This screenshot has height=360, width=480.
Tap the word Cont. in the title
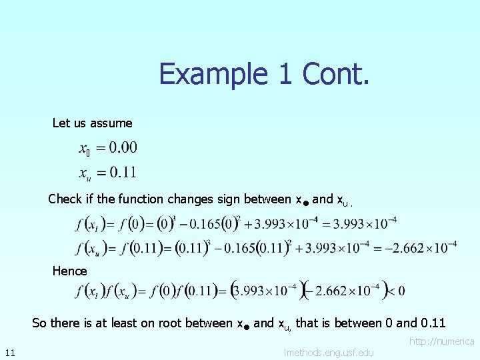pyautogui.click(x=335, y=73)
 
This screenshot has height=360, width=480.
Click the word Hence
pyautogui.click(x=70, y=271)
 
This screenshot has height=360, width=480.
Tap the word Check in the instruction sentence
pyautogui.click(x=65, y=199)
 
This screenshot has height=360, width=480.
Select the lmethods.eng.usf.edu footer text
pyautogui.click(x=329, y=352)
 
